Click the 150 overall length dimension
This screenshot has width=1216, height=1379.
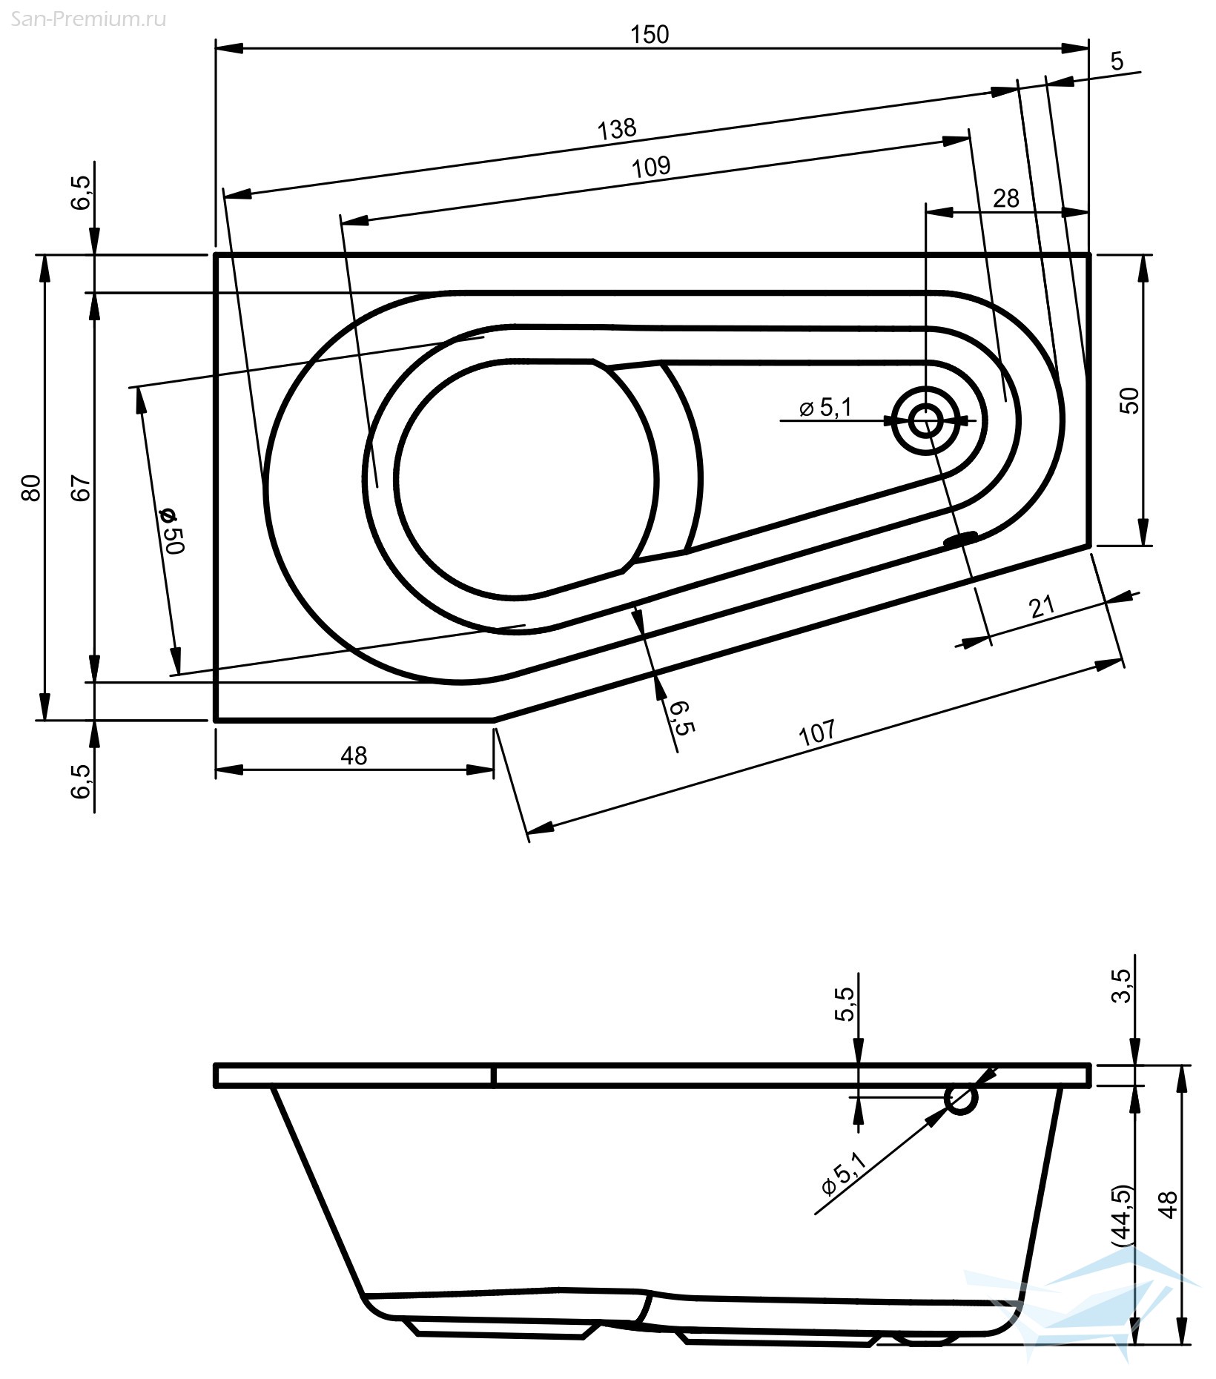click(650, 34)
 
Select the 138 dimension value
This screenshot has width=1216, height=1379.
click(617, 128)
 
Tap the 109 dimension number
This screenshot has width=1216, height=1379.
click(651, 166)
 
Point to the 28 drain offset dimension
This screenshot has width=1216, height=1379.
click(1006, 198)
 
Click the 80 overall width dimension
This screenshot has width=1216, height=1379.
click(30, 487)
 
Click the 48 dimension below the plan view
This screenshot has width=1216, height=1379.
click(354, 755)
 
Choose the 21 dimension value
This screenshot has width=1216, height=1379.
click(1042, 607)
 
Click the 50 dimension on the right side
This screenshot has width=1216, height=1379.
click(1131, 400)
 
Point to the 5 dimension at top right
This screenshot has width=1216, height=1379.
click(1117, 61)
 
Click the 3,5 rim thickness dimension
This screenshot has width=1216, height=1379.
click(1125, 985)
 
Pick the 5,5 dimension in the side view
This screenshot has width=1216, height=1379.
click(845, 1004)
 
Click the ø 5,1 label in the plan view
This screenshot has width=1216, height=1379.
click(826, 407)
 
